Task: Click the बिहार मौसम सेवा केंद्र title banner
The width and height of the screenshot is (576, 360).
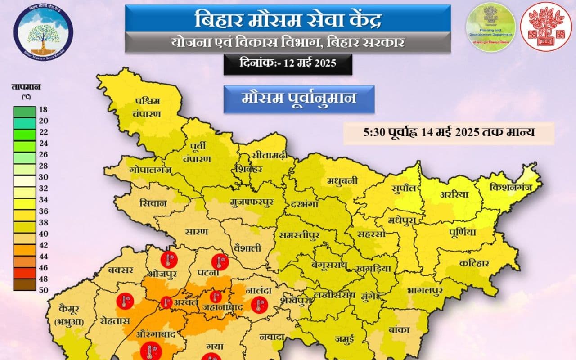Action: (288, 19)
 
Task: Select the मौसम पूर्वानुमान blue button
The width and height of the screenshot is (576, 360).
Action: (299, 99)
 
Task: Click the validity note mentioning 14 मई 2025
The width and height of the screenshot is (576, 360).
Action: (449, 133)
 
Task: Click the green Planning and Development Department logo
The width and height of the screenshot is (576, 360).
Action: (490, 27)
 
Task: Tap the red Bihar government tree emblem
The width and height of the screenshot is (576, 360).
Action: (546, 27)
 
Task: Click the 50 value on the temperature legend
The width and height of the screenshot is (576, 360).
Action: (43, 289)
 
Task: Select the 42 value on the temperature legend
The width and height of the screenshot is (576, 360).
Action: (43, 245)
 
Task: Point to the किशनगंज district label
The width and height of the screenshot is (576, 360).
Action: (510, 186)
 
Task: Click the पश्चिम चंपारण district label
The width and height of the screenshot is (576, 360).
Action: (148, 107)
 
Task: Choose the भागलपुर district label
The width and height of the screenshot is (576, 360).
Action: (424, 290)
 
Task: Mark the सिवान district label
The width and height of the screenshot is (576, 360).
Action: (153, 203)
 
